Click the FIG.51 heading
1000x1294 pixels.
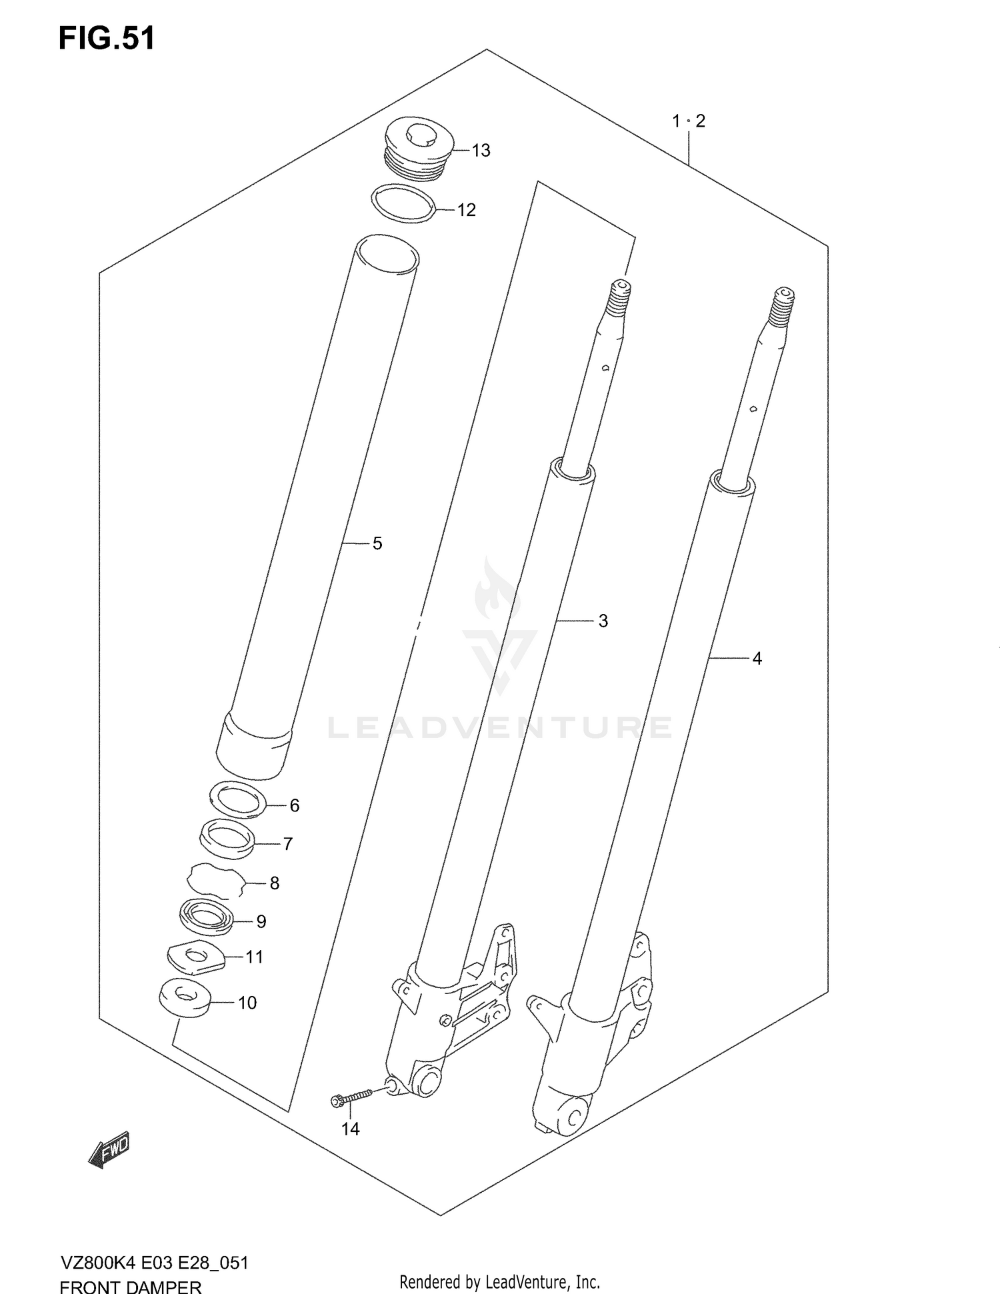(107, 39)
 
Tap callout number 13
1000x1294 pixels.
(481, 151)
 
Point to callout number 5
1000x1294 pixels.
(377, 544)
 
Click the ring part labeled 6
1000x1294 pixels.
(238, 799)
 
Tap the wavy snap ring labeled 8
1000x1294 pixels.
(214, 881)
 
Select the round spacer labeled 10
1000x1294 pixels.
(185, 999)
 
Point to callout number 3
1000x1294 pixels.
(603, 621)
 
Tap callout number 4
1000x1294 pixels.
(757, 659)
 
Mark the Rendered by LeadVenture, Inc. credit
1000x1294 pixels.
(499, 1281)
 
